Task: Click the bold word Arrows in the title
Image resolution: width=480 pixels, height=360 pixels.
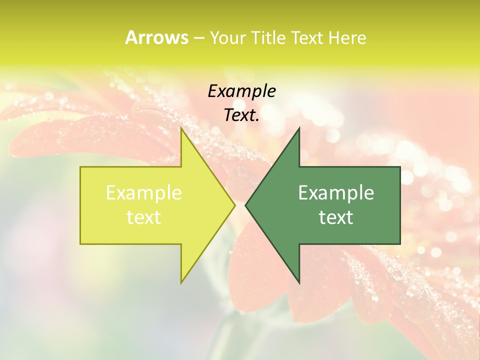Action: coord(156,37)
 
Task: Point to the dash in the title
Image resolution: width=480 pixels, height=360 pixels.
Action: coord(198,38)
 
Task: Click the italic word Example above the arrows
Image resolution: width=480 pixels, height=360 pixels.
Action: coord(241,91)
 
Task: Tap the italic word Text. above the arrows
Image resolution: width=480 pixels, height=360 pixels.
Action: coord(241,115)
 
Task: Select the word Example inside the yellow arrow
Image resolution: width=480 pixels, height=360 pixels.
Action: coord(144,193)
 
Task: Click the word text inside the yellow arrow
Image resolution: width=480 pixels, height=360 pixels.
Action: coord(144,217)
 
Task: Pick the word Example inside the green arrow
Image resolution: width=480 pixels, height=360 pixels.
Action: coord(336,193)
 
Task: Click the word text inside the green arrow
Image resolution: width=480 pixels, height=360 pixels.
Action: coord(336,217)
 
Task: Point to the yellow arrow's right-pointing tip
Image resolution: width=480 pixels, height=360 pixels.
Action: coord(234,205)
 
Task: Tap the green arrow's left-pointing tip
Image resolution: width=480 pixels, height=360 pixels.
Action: coord(245,205)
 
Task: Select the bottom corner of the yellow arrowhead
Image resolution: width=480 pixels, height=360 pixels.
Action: coord(181,283)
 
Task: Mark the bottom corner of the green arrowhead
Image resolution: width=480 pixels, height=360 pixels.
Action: coord(299,283)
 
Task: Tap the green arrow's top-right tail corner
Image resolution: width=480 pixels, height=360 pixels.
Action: coord(400,167)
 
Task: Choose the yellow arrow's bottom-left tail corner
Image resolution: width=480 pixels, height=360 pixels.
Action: coord(80,244)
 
